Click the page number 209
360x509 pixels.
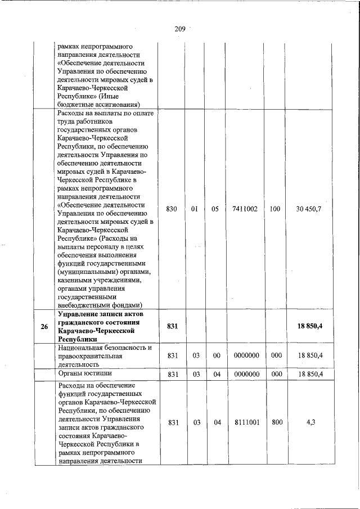(180, 29)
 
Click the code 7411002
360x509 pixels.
(245, 209)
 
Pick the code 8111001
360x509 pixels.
(245, 422)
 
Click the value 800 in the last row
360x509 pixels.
(277, 422)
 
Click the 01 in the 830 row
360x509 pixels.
(195, 209)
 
